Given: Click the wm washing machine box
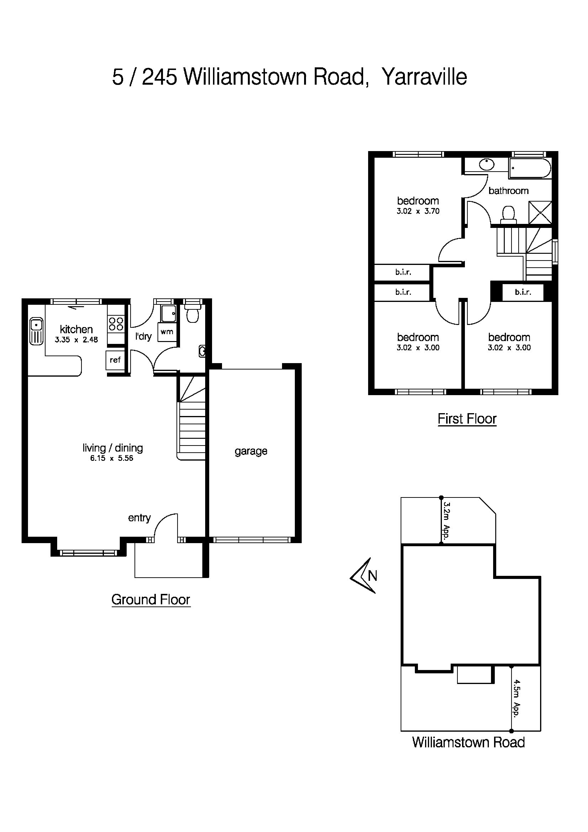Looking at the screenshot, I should pyautogui.click(x=167, y=332).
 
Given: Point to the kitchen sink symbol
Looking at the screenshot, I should pyautogui.click(x=36, y=331).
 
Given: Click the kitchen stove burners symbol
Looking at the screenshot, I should pyautogui.click(x=116, y=324).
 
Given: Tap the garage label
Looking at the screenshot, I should pyautogui.click(x=251, y=451).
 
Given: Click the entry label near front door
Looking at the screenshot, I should pyautogui.click(x=139, y=518).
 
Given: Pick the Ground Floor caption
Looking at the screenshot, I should pyautogui.click(x=151, y=600).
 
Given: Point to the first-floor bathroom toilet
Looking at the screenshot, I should pyautogui.click(x=508, y=214).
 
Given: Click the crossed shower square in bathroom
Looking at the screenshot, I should pyautogui.click(x=540, y=212).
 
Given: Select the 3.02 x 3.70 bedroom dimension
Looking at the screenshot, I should pyautogui.click(x=418, y=211).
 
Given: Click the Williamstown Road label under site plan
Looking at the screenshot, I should pyautogui.click(x=468, y=743).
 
